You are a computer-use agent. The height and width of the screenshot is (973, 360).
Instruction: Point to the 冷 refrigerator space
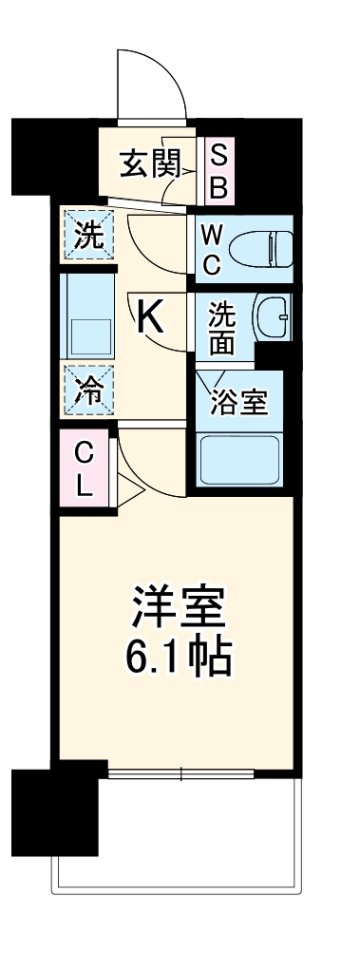pos(87,390)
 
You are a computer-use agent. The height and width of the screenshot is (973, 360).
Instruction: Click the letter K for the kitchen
pos(152,317)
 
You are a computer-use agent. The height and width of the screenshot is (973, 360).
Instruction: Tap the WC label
pos(212,249)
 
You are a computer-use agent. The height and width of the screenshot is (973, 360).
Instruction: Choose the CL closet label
pos(84,469)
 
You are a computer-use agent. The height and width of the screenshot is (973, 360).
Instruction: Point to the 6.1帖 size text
pos(178,656)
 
